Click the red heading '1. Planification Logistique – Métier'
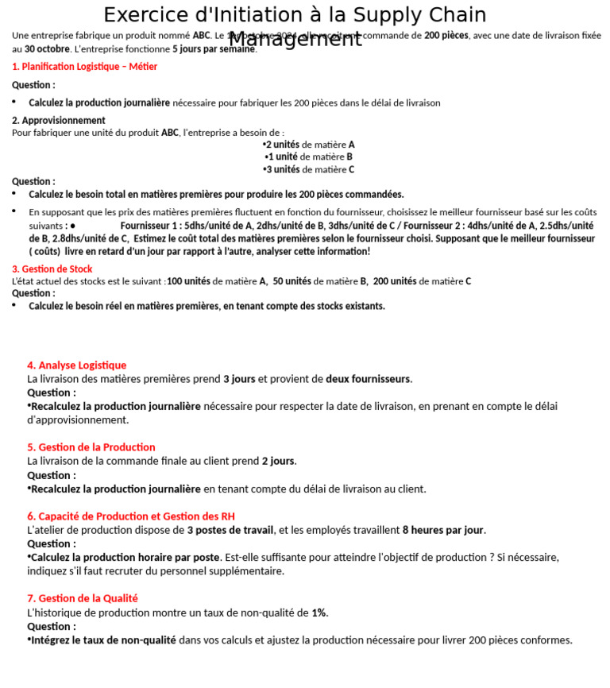coord(84,67)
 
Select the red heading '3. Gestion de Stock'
coord(52,269)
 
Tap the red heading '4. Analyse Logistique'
coord(76,365)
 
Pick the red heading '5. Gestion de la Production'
coord(91,447)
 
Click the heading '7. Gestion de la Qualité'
coord(82,598)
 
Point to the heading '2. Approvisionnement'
coord(58,120)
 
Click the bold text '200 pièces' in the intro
coord(446,35)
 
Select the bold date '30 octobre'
coord(47,48)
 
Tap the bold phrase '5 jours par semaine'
coord(214,48)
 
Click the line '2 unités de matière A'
coord(309,145)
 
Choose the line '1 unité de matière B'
coord(309,157)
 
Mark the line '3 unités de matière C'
coord(309,169)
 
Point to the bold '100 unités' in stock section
coord(188,281)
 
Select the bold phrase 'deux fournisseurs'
coord(368,379)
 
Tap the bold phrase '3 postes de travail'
coord(230,530)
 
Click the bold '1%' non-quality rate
coord(319,613)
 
